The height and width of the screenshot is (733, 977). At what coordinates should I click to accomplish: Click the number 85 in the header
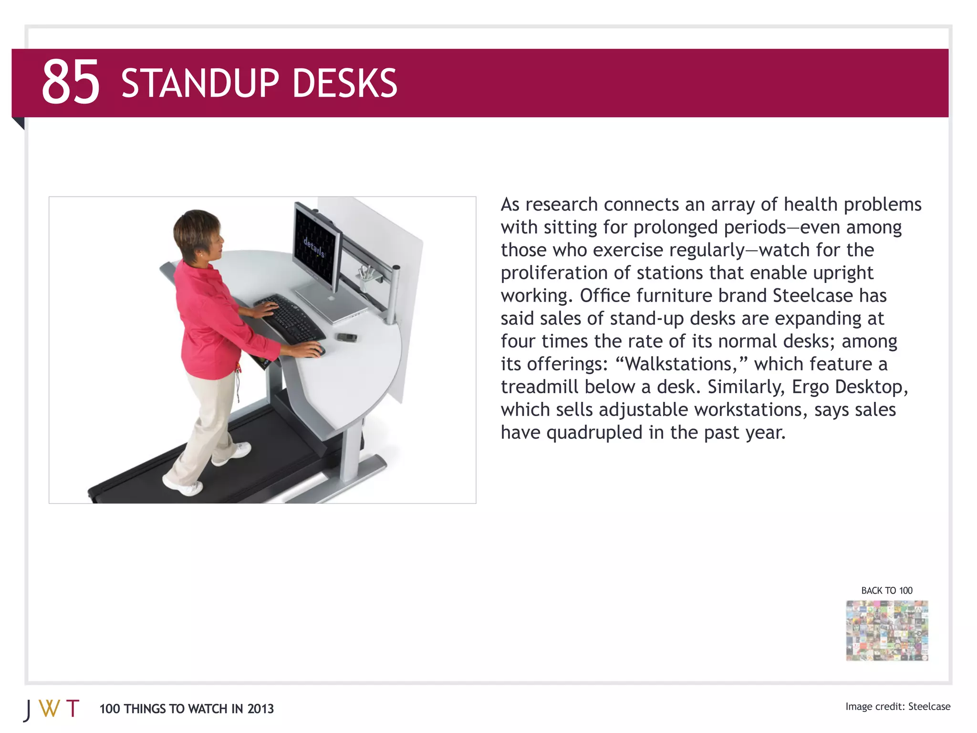[x=71, y=82]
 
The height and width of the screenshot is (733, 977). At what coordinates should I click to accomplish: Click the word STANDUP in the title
[x=200, y=84]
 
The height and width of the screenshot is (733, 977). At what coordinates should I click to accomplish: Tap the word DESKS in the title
[x=344, y=84]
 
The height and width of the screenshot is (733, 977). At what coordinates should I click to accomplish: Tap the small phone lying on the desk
[x=347, y=337]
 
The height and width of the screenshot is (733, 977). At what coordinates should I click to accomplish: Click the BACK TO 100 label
[x=886, y=590]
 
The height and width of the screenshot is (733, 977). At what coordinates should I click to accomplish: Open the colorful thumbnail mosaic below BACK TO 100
[x=887, y=630]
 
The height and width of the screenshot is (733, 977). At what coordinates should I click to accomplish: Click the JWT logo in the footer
[x=52, y=709]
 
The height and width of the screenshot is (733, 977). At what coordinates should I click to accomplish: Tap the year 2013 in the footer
[x=260, y=709]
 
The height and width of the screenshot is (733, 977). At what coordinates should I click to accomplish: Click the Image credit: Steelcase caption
[x=897, y=706]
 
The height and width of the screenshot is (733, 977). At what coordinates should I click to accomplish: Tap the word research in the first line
[x=561, y=204]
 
